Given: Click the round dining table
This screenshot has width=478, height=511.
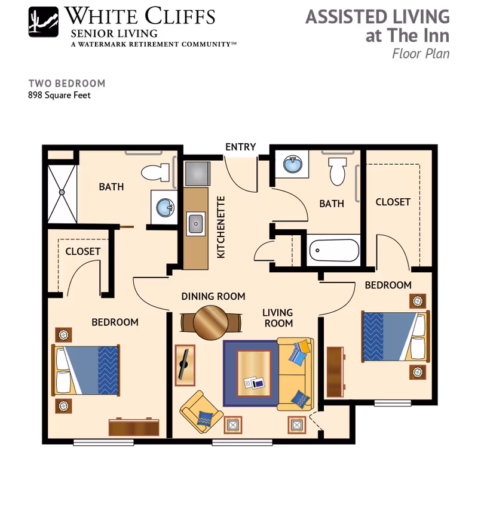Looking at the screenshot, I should pyautogui.click(x=211, y=323).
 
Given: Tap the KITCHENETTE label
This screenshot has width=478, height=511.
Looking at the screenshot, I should pyautogui.click(x=221, y=227).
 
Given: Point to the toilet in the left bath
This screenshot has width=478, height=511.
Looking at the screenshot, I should pyautogui.click(x=157, y=173).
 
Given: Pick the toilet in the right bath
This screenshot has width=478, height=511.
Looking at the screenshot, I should pyautogui.click(x=338, y=170).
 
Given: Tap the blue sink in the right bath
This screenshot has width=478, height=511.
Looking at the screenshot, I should pyautogui.click(x=292, y=164).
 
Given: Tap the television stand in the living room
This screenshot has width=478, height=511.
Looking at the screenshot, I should pyautogui.click(x=184, y=364).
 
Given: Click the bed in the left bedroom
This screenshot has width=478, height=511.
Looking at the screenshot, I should pyautogui.click(x=87, y=370).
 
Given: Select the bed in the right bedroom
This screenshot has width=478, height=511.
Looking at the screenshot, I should pyautogui.click(x=395, y=337).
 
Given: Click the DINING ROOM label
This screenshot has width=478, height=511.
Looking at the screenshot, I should pyautogui.click(x=213, y=297).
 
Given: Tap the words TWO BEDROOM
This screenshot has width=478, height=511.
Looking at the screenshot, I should pyautogui.click(x=67, y=84).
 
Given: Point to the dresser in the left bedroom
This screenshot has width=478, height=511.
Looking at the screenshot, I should pyautogui.click(x=134, y=427).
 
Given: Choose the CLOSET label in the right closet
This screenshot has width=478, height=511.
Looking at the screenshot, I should pyautogui.click(x=393, y=202).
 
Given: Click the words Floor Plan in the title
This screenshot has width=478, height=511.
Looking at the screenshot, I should pyautogui.click(x=421, y=53).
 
